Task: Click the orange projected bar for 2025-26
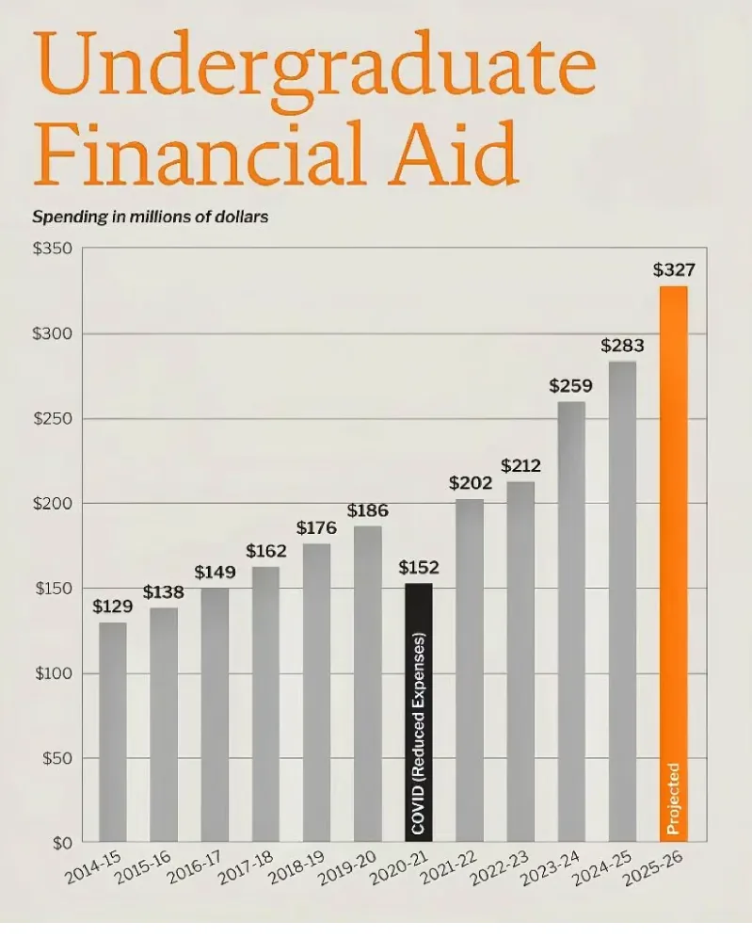tap(674, 563)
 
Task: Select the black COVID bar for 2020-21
tap(419, 713)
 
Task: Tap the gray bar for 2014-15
tap(112, 732)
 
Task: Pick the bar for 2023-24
tap(571, 622)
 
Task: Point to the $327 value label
tap(674, 270)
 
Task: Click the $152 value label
tap(419, 567)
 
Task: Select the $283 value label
tap(623, 346)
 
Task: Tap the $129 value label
tap(112, 606)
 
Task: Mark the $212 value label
tap(520, 465)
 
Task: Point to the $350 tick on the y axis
tap(53, 249)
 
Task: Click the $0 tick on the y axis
tap(62, 844)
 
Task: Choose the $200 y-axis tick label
tap(53, 504)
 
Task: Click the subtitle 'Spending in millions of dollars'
tap(150, 217)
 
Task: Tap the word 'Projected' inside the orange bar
tap(674, 799)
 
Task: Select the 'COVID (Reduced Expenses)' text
tap(419, 734)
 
